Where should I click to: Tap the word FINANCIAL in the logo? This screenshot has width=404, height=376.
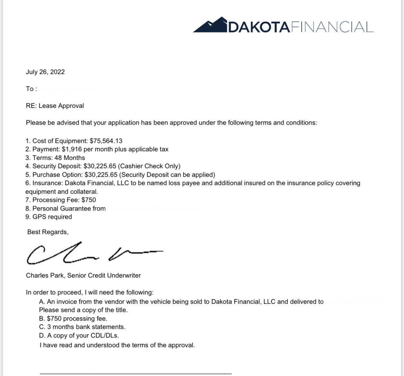[x=332, y=27]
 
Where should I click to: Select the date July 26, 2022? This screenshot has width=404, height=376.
[x=45, y=72]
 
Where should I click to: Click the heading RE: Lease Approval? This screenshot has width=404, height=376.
[x=55, y=106]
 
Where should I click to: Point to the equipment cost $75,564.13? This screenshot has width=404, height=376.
[x=106, y=141]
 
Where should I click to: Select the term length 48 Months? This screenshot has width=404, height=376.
[x=70, y=158]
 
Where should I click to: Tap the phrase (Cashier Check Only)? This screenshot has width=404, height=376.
[x=149, y=166]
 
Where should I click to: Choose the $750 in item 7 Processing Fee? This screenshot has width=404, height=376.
[x=89, y=200]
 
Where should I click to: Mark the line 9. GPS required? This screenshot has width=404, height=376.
[x=49, y=217]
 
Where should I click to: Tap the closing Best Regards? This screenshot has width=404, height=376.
[x=48, y=232]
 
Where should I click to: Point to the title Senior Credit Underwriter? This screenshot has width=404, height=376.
[x=104, y=275]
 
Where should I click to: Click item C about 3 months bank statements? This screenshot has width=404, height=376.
[x=82, y=327]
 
